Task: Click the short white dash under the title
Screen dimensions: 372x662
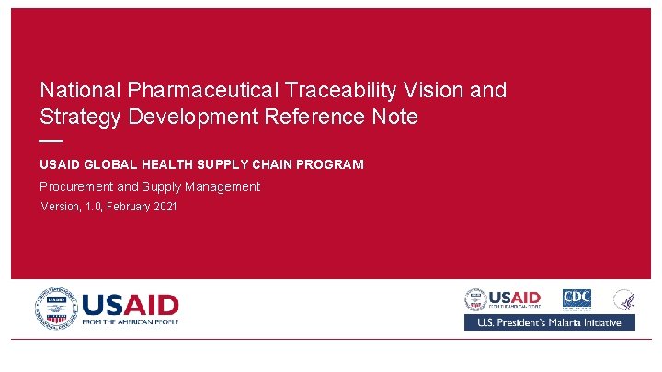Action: (51, 141)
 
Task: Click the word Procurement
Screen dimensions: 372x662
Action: (78, 187)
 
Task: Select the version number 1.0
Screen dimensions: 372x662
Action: (93, 208)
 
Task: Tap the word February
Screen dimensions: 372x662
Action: (127, 208)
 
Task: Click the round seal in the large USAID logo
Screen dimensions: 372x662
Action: (57, 308)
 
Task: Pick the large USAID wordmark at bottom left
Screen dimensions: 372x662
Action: (131, 304)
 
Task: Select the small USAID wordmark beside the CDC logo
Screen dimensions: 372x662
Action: (515, 298)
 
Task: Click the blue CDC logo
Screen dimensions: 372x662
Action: (576, 299)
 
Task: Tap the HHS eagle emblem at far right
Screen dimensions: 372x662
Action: (624, 299)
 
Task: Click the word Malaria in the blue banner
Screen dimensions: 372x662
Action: (580, 322)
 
